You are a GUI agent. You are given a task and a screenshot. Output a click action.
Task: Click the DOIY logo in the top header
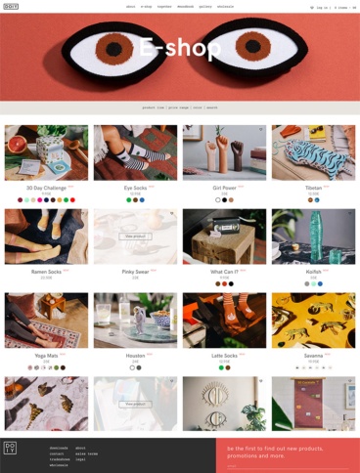11,6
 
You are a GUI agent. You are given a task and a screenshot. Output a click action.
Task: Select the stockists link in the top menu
225,7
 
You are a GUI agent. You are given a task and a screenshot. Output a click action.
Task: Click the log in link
321,7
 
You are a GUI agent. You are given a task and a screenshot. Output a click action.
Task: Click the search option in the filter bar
212,108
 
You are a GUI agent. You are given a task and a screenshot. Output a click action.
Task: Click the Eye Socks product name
134,188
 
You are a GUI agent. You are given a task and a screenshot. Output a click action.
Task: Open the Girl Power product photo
224,151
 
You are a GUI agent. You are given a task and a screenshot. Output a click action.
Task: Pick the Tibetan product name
312,188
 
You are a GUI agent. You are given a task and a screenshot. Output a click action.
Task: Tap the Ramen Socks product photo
46,236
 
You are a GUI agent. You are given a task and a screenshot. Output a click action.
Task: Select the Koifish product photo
313,236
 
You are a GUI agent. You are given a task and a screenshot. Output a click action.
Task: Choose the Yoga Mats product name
45,356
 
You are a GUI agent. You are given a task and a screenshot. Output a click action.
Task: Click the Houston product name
134,356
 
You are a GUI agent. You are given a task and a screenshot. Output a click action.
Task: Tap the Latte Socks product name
223,356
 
